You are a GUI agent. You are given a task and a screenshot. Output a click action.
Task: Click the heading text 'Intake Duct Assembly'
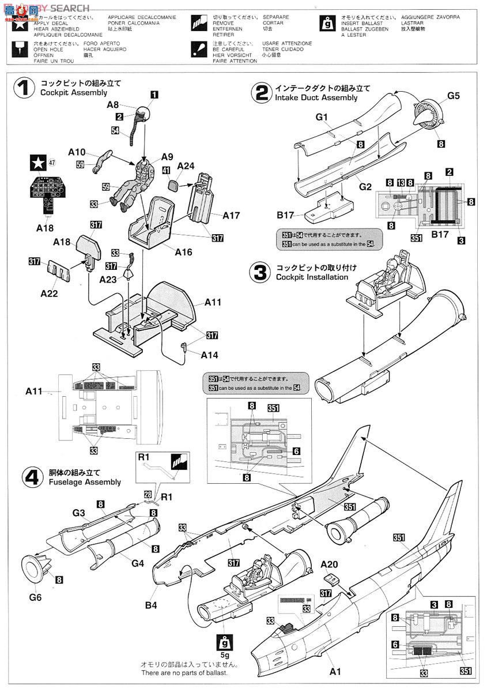click(316, 98)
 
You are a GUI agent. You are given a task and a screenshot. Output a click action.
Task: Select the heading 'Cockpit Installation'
click(312, 277)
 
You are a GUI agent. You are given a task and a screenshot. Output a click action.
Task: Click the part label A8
click(113, 105)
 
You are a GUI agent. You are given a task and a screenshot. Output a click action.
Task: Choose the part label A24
click(185, 166)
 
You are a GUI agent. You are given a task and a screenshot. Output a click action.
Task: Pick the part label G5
click(453, 96)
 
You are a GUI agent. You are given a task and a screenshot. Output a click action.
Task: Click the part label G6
click(35, 597)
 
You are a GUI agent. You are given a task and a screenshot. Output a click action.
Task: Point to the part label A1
click(335, 671)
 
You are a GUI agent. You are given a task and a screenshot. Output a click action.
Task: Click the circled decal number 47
click(52, 163)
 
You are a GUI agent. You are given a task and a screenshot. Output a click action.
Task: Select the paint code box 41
click(166, 171)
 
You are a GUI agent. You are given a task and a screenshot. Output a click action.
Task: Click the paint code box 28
click(148, 495)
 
